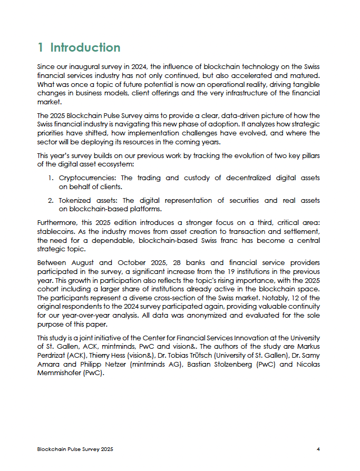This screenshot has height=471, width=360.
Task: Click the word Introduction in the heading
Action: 85,47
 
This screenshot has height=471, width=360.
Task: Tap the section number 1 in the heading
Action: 41,47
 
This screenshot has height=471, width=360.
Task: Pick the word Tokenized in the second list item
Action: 77,201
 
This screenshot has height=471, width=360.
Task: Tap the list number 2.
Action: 51,201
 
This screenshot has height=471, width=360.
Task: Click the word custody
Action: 197,178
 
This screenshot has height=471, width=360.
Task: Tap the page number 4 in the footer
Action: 318,449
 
